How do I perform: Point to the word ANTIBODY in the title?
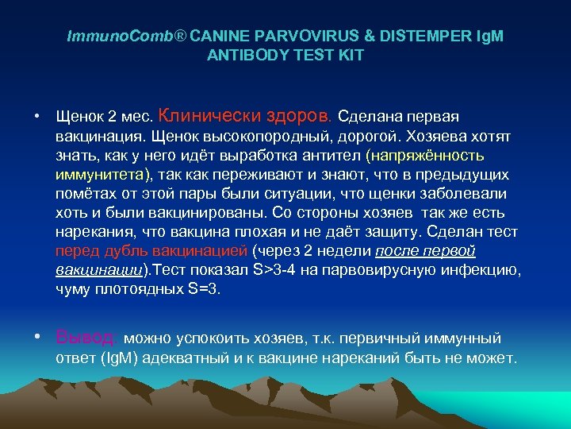pos(240,56)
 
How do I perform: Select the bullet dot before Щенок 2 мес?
pos(38,116)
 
